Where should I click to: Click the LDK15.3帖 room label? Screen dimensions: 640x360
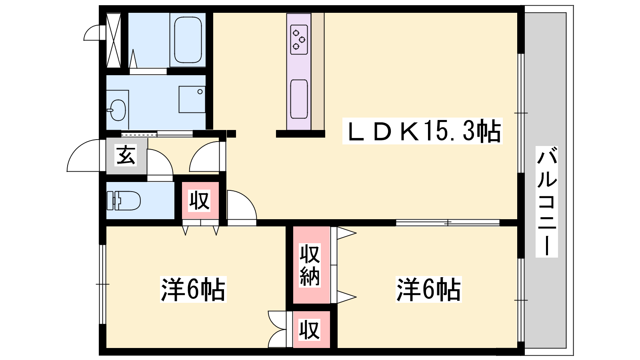click(x=422, y=131)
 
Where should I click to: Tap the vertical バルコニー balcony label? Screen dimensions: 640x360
click(x=546, y=202)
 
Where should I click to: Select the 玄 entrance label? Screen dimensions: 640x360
click(x=126, y=155)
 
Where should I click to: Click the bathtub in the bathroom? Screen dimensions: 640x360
click(x=188, y=40)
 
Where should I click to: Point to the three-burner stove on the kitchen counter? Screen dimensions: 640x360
click(x=299, y=40)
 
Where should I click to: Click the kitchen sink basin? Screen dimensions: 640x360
click(x=299, y=99)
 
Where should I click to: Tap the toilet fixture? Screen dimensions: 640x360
click(x=124, y=201)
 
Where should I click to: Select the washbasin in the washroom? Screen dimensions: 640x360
click(x=118, y=110)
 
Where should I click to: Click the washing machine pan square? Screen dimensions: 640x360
click(x=192, y=100)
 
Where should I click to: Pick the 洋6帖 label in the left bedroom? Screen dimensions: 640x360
click(x=193, y=289)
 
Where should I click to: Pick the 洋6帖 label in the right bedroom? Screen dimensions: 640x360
click(x=428, y=289)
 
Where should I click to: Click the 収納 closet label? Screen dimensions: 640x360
click(x=310, y=265)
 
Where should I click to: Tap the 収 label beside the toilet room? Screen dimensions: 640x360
click(x=200, y=200)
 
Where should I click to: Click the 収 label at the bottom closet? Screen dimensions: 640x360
click(x=310, y=330)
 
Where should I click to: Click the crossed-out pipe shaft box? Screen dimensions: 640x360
click(x=114, y=40)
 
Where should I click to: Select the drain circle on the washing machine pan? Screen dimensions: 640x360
click(x=200, y=92)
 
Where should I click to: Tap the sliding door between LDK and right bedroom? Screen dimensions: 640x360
click(x=448, y=222)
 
